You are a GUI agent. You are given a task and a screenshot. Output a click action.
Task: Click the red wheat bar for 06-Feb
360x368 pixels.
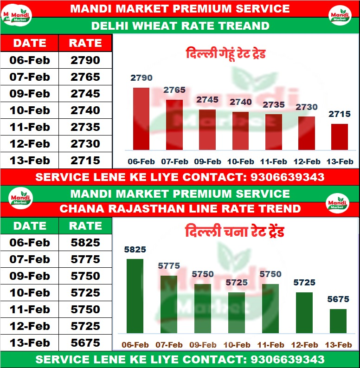[x=141, y=118]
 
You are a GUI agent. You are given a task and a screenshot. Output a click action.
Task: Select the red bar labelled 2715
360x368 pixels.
[x=340, y=136]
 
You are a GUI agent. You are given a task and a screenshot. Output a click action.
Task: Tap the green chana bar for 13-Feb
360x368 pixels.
[x=338, y=321]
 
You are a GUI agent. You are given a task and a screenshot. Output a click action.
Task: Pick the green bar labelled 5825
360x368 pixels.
[x=135, y=296]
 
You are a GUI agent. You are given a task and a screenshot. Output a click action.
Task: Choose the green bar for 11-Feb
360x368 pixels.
[x=270, y=308]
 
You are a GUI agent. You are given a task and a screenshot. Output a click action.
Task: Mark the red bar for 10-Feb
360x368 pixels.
[x=240, y=130]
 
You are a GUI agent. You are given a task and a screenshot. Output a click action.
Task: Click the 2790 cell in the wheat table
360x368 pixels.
[x=85, y=60]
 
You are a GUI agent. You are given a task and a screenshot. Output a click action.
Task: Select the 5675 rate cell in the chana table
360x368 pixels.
[x=85, y=343]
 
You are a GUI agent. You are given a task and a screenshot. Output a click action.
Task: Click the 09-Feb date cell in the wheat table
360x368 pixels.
[x=30, y=93]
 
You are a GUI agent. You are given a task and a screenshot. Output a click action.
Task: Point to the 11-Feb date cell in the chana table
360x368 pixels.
[x=30, y=310]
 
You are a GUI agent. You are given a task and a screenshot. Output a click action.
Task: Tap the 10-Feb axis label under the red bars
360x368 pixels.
[x=240, y=161]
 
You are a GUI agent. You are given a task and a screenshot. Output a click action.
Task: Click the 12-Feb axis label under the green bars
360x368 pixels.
[x=304, y=345]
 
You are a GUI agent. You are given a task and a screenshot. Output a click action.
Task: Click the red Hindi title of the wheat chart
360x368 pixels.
[x=225, y=53]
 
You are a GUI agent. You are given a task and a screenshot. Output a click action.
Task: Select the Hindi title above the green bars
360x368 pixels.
[x=234, y=231]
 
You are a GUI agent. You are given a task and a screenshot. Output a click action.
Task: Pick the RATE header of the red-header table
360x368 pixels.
[x=85, y=43]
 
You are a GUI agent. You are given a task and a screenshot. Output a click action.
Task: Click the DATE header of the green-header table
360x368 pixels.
[x=30, y=226]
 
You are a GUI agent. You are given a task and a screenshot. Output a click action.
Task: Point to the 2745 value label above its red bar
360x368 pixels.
[x=207, y=99]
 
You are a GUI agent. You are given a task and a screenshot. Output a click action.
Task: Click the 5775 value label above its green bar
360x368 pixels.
[x=168, y=266]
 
